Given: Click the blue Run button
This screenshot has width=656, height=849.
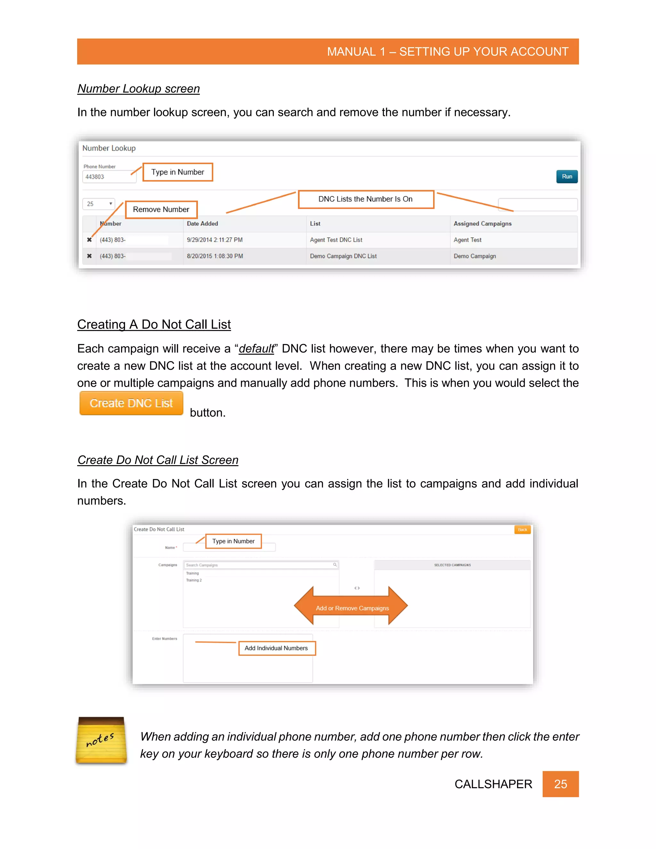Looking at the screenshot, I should point(567,177).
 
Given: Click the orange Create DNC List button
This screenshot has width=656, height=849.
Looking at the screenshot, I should point(131,403).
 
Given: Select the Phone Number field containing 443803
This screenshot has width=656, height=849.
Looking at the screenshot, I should point(109,177).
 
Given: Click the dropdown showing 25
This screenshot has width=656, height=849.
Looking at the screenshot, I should point(99,204).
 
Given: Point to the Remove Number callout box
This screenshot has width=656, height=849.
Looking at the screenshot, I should point(161,210).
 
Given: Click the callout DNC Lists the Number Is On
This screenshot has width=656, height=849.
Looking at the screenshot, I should point(365,199).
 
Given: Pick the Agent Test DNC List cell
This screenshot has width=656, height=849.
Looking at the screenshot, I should point(336,240).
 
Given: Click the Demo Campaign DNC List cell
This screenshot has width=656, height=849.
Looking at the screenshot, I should point(343,256).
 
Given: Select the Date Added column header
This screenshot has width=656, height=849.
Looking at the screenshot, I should point(202,224).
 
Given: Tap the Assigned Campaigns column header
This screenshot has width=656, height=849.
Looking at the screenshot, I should point(482,224).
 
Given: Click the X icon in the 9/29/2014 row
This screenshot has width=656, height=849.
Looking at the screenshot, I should point(89,240).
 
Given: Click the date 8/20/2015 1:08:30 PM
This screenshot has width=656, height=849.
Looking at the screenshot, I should point(215,256).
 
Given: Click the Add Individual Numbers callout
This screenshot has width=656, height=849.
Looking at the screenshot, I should point(276,648).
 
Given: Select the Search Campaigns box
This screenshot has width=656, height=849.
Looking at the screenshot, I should point(260,565).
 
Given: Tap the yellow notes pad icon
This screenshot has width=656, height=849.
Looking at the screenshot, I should point(101,740).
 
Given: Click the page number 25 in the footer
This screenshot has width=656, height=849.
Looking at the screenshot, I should point(560,784).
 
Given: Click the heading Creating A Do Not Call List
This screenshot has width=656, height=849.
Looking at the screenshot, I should point(154,324).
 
